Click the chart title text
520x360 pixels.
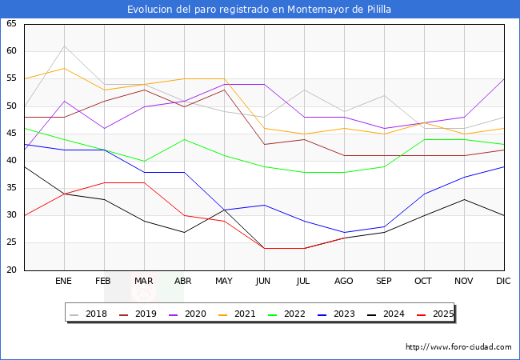click(259, 10)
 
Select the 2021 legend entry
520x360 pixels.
click(238, 314)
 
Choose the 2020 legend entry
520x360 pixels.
click(188, 314)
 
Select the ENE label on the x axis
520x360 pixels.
click(64, 282)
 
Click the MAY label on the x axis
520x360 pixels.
click(224, 282)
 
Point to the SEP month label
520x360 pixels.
click(384, 282)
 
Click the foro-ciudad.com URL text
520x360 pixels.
click(458, 347)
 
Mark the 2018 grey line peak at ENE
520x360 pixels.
click(64, 46)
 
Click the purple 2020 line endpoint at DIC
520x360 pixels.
click(504, 78)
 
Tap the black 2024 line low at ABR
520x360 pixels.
click(184, 232)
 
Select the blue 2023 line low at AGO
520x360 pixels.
click(344, 232)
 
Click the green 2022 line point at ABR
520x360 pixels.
click(184, 139)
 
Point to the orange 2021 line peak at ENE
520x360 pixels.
click(64, 68)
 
